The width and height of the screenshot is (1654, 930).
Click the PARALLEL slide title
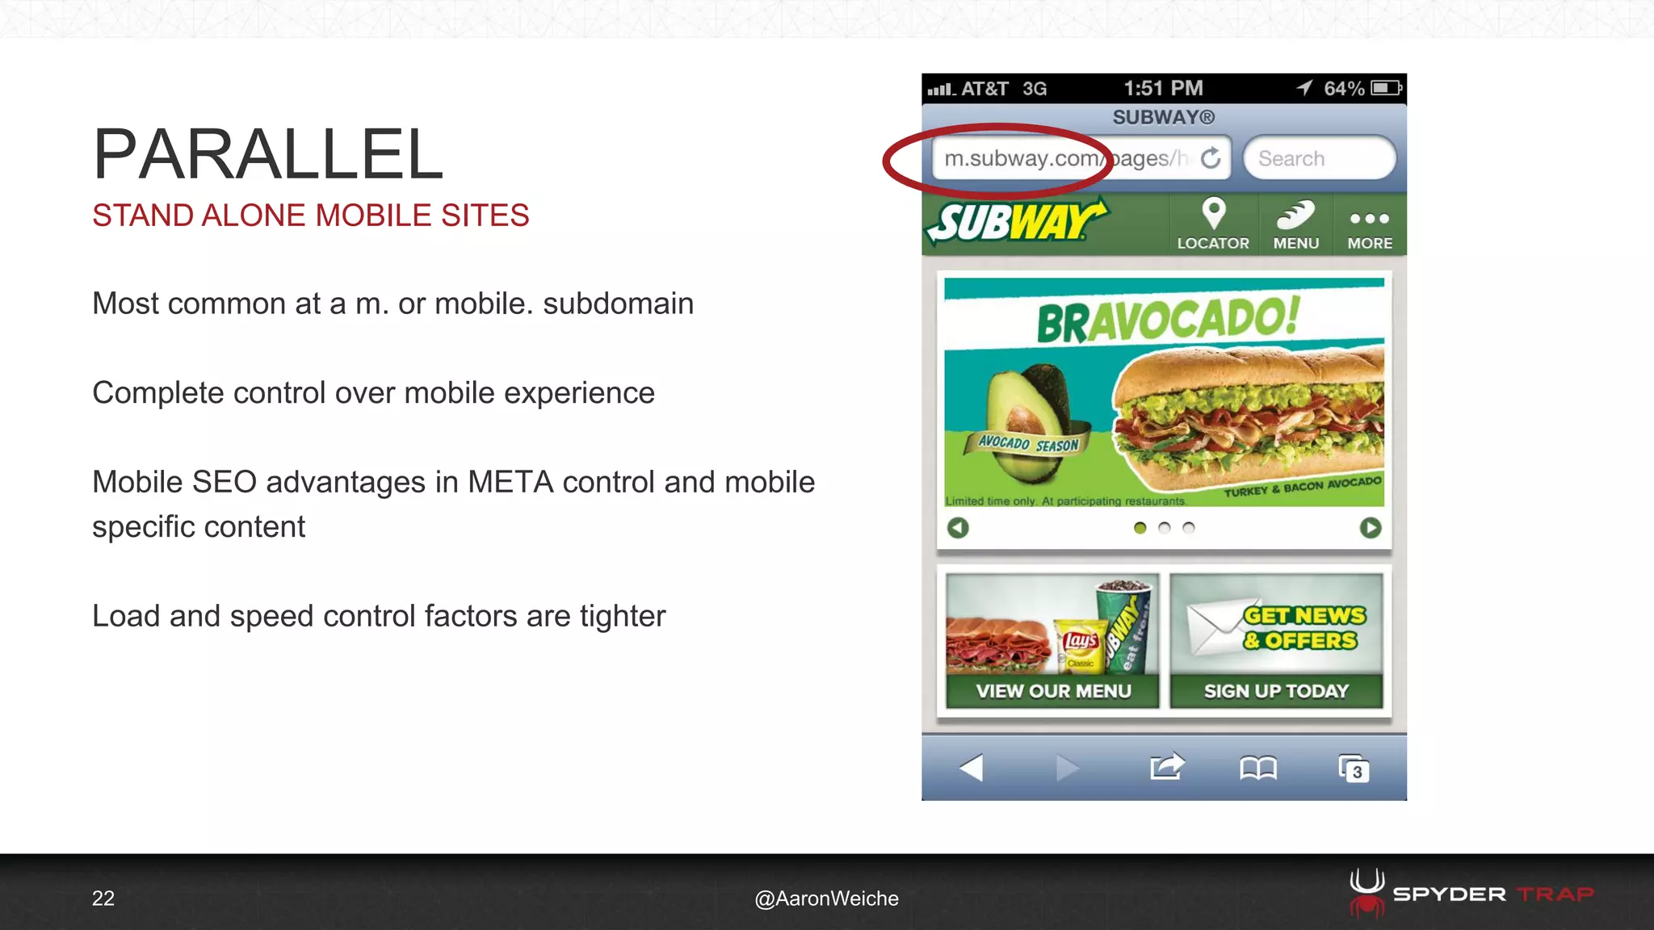tap(268, 154)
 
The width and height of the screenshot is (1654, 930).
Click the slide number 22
tap(103, 899)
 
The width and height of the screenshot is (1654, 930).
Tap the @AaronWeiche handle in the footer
tap(826, 899)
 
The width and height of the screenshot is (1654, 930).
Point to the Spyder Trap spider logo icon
tap(1366, 893)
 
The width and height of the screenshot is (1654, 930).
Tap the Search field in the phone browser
tap(1319, 158)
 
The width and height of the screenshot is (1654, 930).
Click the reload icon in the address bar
tap(1211, 158)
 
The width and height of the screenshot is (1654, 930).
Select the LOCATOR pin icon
tap(1213, 214)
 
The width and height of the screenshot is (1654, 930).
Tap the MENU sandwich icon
tap(1295, 216)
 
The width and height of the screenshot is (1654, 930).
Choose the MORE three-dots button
tap(1370, 219)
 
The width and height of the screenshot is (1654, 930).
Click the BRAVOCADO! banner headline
tap(1168, 320)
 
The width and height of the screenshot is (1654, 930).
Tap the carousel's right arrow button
tap(1371, 528)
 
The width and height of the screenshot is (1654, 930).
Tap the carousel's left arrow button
tap(958, 528)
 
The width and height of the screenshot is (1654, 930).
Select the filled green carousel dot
tap(1140, 528)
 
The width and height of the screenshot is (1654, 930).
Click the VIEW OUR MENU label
tap(1053, 691)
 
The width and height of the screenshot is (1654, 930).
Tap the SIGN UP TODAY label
tap(1276, 691)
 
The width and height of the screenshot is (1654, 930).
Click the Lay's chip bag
tap(1081, 645)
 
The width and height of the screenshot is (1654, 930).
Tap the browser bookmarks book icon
tap(1258, 768)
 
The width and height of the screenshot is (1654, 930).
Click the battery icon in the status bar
tap(1386, 88)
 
